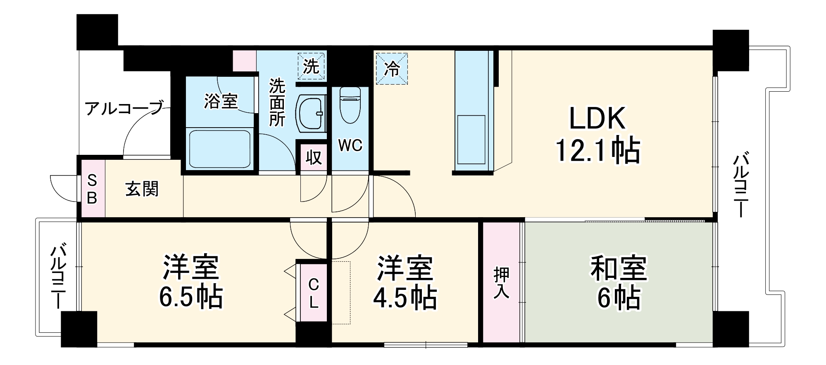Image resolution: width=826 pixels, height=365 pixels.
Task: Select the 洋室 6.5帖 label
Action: pos(191,282)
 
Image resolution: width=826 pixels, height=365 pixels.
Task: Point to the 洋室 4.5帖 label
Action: pos(405,282)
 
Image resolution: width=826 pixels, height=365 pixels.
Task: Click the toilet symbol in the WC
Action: pos(350,105)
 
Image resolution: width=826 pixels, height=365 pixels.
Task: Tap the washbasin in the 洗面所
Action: pos(311,114)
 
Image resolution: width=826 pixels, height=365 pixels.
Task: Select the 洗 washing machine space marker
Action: pos(311,66)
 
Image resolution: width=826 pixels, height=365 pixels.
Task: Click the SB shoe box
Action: pos(92,189)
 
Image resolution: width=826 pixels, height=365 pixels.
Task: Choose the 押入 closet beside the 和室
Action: pos(502,282)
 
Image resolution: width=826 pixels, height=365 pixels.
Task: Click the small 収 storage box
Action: pos(314,157)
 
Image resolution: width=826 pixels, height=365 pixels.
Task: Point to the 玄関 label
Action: pos(142,189)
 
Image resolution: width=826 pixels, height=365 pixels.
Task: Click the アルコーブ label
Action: pos(124,108)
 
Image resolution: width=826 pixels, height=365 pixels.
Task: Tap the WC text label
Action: pos(350,145)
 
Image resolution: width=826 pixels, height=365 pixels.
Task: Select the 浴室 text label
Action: pos(221,101)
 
